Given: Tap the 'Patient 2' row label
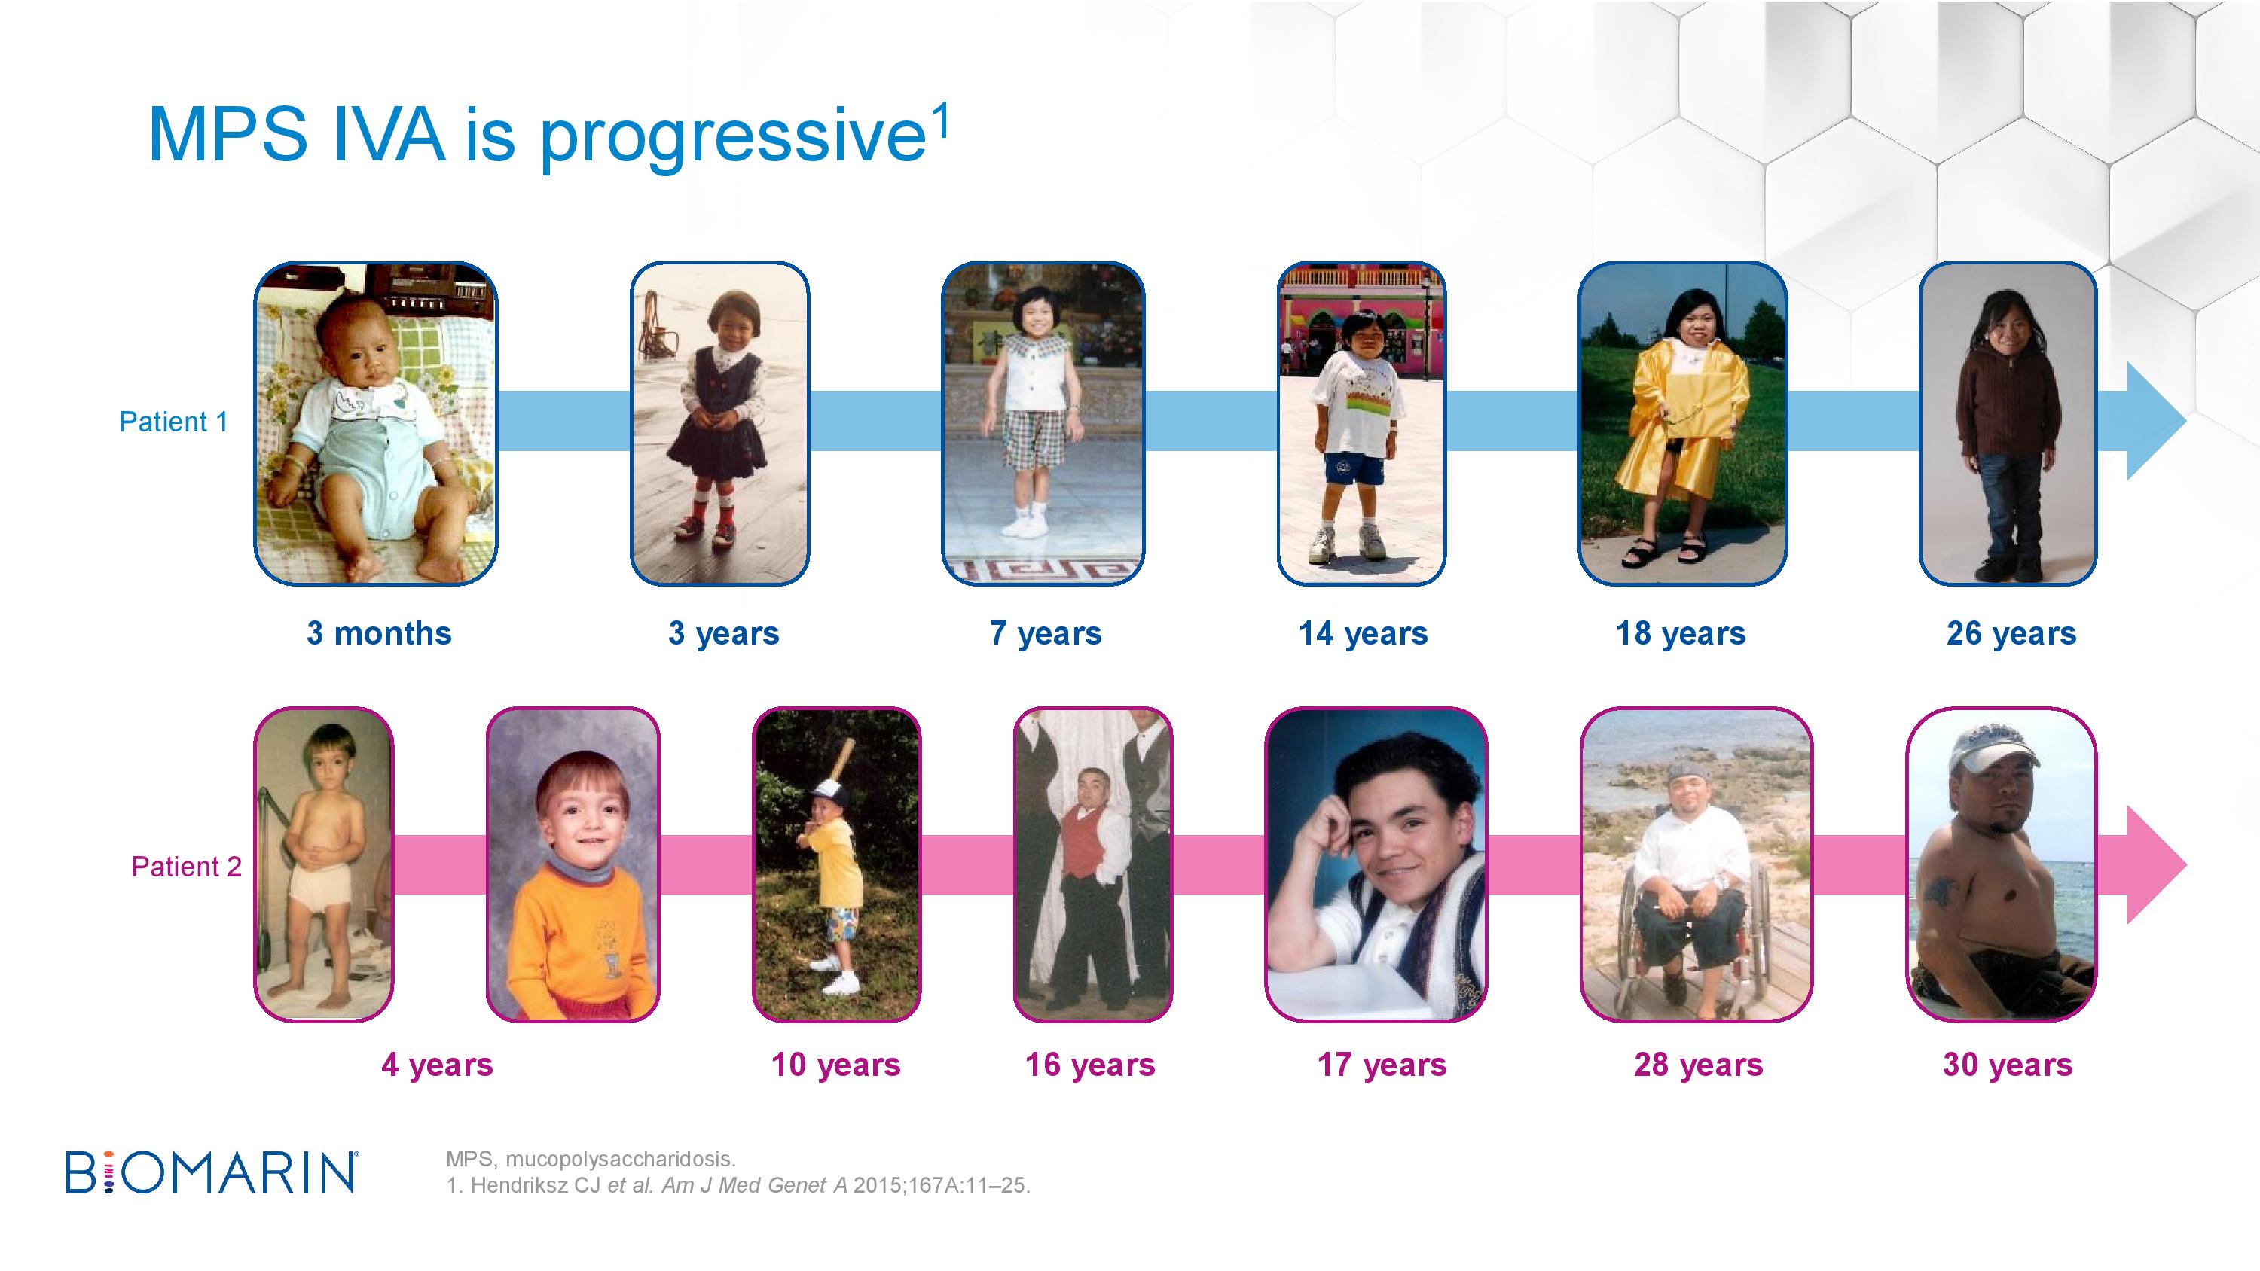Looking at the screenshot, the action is point(186,867).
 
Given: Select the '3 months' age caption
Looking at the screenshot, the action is point(379,632).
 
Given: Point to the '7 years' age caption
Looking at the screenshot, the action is point(1046,633).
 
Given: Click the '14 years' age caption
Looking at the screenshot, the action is point(1364,633).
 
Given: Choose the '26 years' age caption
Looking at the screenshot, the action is point(2011,633).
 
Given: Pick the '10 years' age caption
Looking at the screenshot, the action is point(836,1065).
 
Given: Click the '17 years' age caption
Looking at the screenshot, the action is point(1382,1065).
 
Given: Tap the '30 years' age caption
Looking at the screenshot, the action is point(2008,1065).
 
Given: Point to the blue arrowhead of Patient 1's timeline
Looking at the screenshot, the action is point(2155,421).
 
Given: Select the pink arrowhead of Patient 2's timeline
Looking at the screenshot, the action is point(2155,865).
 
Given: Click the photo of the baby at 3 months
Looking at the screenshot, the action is point(375,424).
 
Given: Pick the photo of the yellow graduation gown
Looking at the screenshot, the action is point(1683,424).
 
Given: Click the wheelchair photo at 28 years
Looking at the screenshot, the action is point(1697,865).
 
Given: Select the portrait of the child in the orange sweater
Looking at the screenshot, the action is point(573,865).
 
